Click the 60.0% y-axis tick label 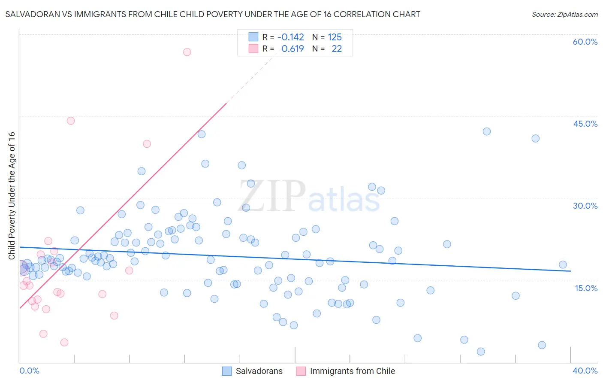pyautogui.click(x=585, y=42)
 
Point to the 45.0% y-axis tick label pyautogui.click(x=585, y=124)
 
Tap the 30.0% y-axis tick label pyautogui.click(x=585, y=206)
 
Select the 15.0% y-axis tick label pyautogui.click(x=586, y=288)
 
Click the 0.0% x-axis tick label pyautogui.click(x=29, y=371)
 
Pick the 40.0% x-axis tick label pyautogui.click(x=585, y=371)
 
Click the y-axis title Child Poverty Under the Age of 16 pyautogui.click(x=12, y=196)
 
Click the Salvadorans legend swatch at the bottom pyautogui.click(x=227, y=371)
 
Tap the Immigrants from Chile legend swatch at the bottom pyautogui.click(x=301, y=371)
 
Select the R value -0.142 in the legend pyautogui.click(x=290, y=37)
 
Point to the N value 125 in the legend pyautogui.click(x=335, y=37)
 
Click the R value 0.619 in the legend pyautogui.click(x=292, y=49)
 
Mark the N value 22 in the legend pyautogui.click(x=337, y=49)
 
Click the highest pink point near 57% pyautogui.click(x=187, y=52)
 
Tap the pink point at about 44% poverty pyautogui.click(x=71, y=121)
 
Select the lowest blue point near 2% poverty pyautogui.click(x=481, y=352)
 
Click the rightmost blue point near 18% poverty pyautogui.click(x=563, y=264)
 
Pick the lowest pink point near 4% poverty pyautogui.click(x=64, y=342)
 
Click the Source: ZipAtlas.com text pyautogui.click(x=564, y=15)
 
